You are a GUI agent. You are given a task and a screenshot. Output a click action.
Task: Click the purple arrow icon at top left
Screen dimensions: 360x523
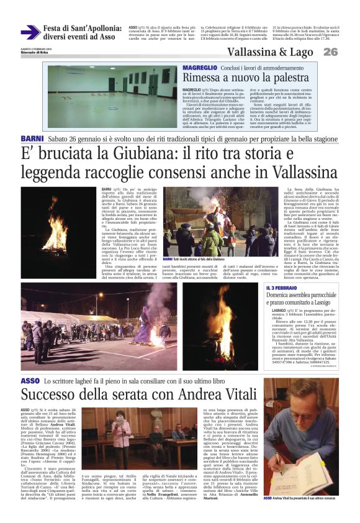point(30,32)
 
